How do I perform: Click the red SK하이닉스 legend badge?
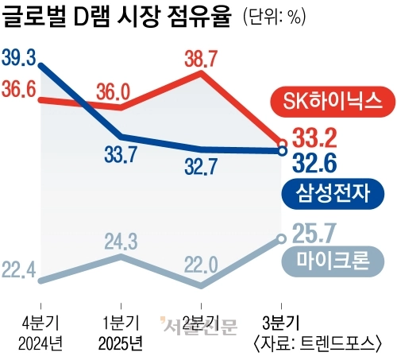333,101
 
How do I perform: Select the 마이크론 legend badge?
333,261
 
